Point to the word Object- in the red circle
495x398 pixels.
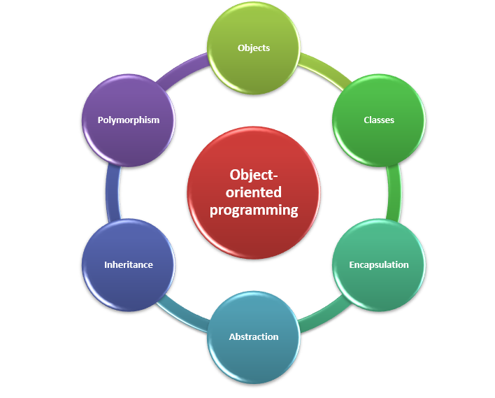click(254, 175)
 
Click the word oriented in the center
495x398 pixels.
click(254, 192)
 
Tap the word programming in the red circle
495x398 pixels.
click(254, 210)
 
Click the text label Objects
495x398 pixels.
click(254, 48)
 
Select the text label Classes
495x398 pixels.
click(378, 120)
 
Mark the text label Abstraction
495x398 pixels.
click(254, 337)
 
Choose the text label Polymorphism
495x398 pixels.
click(129, 120)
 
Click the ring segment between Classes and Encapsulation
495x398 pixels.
click(394, 192)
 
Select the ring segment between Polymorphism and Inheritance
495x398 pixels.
click(112, 192)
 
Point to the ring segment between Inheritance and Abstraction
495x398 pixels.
click(183, 315)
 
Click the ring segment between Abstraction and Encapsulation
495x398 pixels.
click(323, 316)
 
